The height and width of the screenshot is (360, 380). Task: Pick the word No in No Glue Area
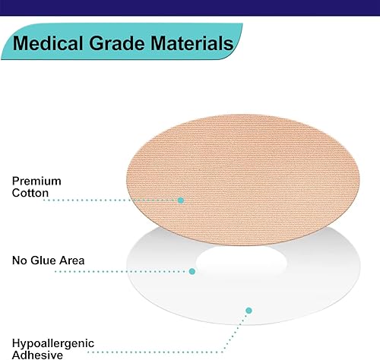21,261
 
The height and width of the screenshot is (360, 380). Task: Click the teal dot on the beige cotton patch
181,200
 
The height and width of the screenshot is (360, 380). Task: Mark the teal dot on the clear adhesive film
249,311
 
